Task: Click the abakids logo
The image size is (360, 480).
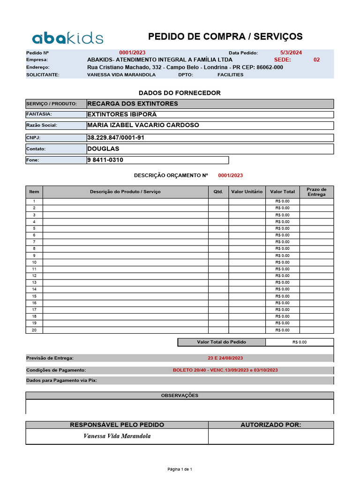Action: tap(67, 38)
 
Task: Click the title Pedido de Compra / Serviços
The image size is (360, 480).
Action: tap(225, 37)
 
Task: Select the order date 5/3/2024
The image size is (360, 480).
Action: tap(291, 53)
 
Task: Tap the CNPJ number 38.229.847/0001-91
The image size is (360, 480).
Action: tap(115, 138)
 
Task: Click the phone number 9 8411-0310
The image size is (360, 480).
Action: tap(105, 160)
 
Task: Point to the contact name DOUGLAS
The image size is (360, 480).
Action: tap(103, 149)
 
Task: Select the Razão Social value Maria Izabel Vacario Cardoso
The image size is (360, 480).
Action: tap(143, 125)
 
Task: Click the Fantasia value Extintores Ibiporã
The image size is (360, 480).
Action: tap(122, 114)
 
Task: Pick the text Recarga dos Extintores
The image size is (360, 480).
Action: tap(133, 104)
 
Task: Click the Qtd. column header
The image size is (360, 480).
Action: tap(218, 192)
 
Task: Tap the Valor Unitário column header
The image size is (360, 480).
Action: tap(247, 192)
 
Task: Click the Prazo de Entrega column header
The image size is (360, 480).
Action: tap(316, 192)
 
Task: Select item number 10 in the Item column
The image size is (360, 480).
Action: tap(34, 262)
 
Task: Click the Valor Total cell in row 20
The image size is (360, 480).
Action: tap(282, 330)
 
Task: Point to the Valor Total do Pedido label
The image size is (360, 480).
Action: tap(221, 342)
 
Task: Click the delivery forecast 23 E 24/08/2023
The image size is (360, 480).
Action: tap(225, 358)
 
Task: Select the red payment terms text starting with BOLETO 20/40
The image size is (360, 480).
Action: tap(225, 370)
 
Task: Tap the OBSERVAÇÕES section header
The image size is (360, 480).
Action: tap(180, 395)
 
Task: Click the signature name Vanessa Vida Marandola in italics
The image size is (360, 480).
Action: tap(117, 436)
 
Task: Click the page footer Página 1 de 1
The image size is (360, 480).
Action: tap(180, 469)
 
